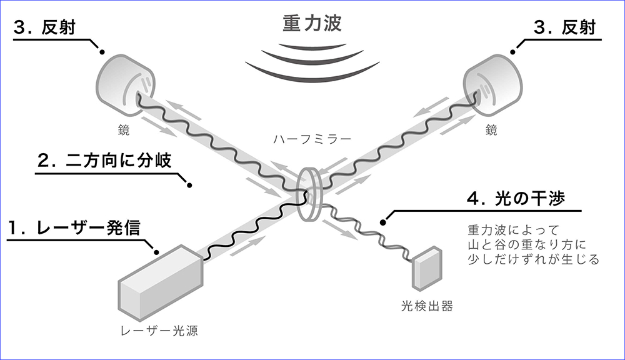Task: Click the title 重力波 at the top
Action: [312, 24]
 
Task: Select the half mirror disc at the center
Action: [309, 193]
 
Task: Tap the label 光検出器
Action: [427, 306]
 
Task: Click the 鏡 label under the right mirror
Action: [492, 132]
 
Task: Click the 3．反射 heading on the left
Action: [50, 28]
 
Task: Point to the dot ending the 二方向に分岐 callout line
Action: [189, 185]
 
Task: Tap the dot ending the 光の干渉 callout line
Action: [382, 221]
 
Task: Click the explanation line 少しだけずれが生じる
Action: [533, 259]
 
